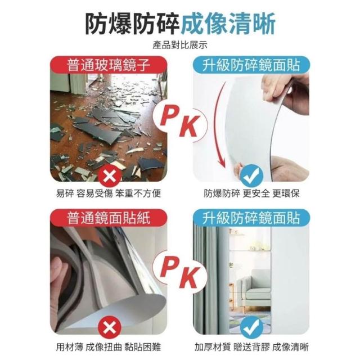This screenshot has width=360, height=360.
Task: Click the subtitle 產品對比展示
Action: [180, 45]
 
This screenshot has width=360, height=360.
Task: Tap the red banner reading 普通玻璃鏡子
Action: [109, 65]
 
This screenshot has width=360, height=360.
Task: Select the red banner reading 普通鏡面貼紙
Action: [109, 218]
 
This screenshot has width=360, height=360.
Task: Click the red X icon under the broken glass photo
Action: [110, 177]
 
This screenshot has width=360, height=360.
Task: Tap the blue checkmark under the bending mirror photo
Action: [252, 175]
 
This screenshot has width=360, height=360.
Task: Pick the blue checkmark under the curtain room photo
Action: [252, 327]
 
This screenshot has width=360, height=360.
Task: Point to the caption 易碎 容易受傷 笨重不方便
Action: [109, 193]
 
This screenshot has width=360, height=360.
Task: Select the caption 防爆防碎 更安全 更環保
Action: [252, 193]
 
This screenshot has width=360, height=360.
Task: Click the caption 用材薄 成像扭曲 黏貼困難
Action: [109, 347]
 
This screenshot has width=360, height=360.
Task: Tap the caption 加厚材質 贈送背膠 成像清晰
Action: [252, 347]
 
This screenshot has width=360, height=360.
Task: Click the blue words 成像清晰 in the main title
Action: [228, 24]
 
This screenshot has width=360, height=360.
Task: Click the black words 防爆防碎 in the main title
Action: [132, 24]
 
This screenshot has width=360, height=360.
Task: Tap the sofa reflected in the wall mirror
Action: [254, 285]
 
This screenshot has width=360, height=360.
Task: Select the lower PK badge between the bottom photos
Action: [180, 274]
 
